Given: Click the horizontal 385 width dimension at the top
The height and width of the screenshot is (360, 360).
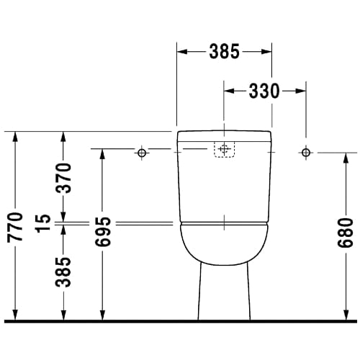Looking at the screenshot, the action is [225, 51].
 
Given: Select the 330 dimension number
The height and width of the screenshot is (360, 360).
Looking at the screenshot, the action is [264, 91].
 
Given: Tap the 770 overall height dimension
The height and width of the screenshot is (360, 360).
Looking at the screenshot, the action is [15, 227].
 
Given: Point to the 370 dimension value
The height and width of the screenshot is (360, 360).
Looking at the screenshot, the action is [63, 178].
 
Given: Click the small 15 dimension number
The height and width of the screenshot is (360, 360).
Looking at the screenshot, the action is [42, 223].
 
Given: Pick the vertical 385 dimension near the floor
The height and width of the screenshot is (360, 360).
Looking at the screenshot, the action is [63, 272].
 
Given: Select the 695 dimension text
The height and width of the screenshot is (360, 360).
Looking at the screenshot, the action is [103, 232].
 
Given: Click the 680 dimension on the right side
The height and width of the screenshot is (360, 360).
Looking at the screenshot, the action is [346, 233].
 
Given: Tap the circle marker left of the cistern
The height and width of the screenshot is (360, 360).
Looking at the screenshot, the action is [142, 153].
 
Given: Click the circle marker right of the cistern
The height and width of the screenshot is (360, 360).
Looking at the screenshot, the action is [306, 152].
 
